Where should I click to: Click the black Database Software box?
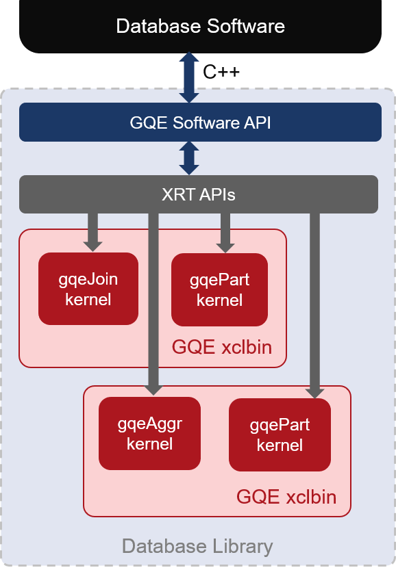pyautogui.click(x=200, y=26)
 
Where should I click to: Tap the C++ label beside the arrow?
pyautogui.click(x=221, y=72)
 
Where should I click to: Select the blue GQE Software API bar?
pyautogui.click(x=200, y=122)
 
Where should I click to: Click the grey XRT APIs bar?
pyautogui.click(x=199, y=194)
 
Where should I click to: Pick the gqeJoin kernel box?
pyautogui.click(x=88, y=289)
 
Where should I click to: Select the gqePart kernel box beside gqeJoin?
pyautogui.click(x=219, y=289)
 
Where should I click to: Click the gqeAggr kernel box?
pyautogui.click(x=149, y=433)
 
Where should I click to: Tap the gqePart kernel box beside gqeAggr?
pyautogui.click(x=280, y=435)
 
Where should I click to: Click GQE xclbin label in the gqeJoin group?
pyautogui.click(x=222, y=347)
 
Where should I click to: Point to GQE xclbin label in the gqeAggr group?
pyautogui.click(x=286, y=497)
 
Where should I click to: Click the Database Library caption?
pyautogui.click(x=197, y=546)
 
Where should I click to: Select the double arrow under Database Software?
pyautogui.click(x=189, y=77)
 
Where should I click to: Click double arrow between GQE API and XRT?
pyautogui.click(x=189, y=158)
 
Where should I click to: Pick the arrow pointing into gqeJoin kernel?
pyautogui.click(x=92, y=232)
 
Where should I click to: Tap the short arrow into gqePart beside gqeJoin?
pyautogui.click(x=225, y=233)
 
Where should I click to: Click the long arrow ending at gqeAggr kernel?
pyautogui.click(x=153, y=304)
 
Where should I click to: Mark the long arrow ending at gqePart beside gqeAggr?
pyautogui.click(x=315, y=306)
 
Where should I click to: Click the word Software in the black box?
pyautogui.click(x=246, y=26)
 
